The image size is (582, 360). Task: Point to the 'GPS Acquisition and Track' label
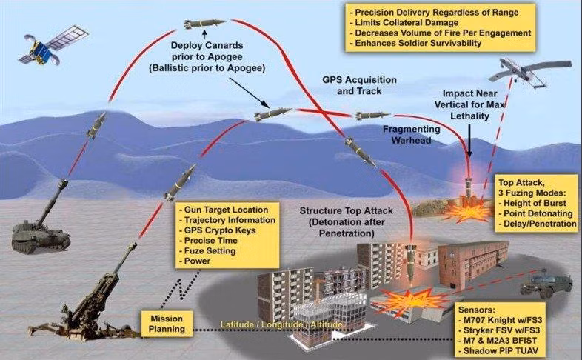[x=360, y=85]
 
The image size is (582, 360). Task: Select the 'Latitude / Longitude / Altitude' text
[x=281, y=325]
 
